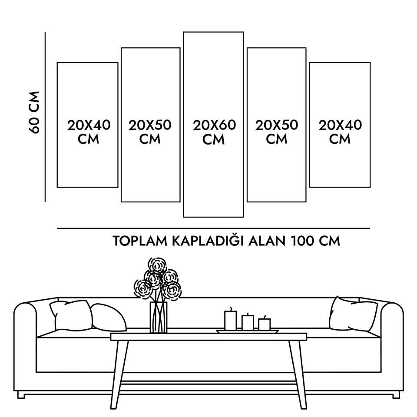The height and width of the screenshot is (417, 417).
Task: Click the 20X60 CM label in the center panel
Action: [214, 132]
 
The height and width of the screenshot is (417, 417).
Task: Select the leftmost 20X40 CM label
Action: [89, 132]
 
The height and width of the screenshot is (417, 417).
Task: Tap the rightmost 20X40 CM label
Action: [340, 132]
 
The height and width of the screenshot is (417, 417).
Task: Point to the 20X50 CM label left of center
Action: [150, 132]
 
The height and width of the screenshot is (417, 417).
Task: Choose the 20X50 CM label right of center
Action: [277, 132]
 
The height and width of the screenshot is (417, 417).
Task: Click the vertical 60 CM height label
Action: [34, 113]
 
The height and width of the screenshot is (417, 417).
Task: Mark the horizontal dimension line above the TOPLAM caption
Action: [213, 228]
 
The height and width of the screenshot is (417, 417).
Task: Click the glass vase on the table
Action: [159, 317]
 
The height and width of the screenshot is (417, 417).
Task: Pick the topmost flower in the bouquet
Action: [157, 265]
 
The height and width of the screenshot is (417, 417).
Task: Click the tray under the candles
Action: [247, 331]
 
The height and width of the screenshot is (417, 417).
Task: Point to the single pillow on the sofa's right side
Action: [353, 314]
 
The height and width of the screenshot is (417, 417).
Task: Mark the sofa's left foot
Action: [21, 395]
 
